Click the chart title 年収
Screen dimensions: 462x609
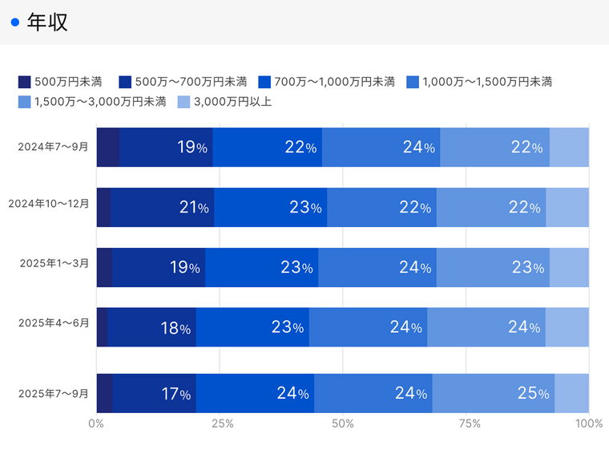(x=47, y=22)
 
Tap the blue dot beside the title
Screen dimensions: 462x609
(x=14, y=22)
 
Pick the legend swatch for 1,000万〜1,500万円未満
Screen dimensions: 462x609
(x=413, y=81)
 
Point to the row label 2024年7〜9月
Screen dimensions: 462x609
(x=54, y=147)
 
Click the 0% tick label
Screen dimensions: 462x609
(x=96, y=423)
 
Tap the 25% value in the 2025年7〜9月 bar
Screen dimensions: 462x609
(x=533, y=393)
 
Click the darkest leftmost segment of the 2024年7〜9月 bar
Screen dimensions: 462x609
(x=107, y=147)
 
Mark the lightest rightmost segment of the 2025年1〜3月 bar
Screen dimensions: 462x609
(x=569, y=267)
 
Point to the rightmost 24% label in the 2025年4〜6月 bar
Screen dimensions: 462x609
(x=525, y=328)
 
